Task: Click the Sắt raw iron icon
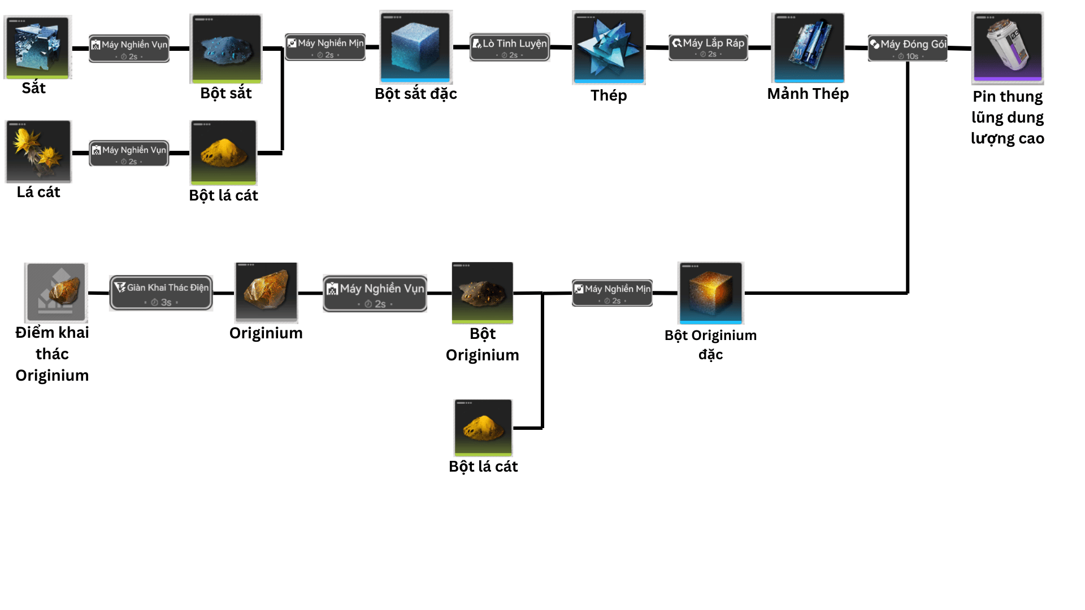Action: (x=37, y=47)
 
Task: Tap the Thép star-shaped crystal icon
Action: (x=609, y=47)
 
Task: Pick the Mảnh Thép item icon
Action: (x=808, y=48)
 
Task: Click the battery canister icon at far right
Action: (x=1008, y=48)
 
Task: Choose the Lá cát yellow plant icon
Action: (x=38, y=151)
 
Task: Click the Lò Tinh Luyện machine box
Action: (x=510, y=47)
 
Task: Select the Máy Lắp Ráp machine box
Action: (x=708, y=47)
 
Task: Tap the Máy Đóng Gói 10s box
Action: (x=908, y=48)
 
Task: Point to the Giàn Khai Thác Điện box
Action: (x=161, y=293)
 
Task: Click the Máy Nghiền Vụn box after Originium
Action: (x=375, y=293)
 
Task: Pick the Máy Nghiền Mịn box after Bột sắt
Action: (x=325, y=47)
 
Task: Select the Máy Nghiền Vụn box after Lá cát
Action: (x=129, y=153)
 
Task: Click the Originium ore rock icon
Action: (x=266, y=292)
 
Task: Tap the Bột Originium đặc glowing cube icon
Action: (x=711, y=293)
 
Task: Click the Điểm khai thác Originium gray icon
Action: (x=55, y=292)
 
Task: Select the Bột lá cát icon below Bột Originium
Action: (x=483, y=428)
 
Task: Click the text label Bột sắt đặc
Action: (x=416, y=94)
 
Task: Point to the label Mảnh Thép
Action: (x=808, y=94)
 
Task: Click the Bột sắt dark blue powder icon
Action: (x=226, y=49)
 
